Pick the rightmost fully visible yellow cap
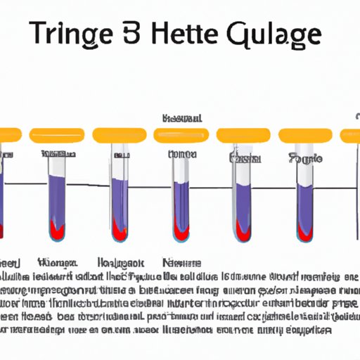[x=304, y=135]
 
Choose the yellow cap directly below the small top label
[x=181, y=135]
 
